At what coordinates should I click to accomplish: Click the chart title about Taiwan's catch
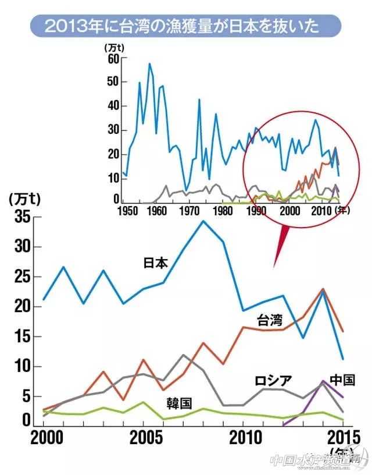point(185,26)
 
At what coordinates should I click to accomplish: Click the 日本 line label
point(156,263)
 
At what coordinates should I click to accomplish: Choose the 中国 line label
point(342,380)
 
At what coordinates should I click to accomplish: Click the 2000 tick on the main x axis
point(44,438)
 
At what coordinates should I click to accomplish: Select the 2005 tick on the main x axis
point(143,438)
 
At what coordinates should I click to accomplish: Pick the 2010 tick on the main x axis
point(243,438)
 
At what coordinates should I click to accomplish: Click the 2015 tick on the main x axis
point(343,438)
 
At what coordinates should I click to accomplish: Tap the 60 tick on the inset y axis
point(113,58)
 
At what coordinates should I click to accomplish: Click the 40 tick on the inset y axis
point(113,107)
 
